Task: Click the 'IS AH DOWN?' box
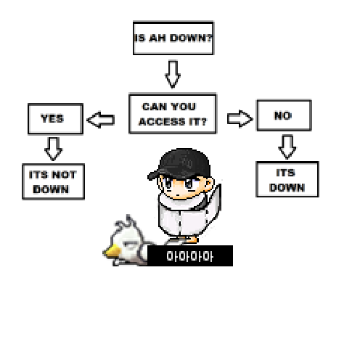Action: (173, 38)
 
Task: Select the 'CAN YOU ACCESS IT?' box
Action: (173, 113)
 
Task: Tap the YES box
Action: (55, 118)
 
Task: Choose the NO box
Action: (284, 115)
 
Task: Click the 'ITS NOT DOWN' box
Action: (53, 181)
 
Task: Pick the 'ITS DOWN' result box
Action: (287, 179)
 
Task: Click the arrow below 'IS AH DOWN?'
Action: (173, 74)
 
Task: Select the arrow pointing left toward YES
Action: (101, 120)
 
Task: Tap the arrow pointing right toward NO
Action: (240, 118)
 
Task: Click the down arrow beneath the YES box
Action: (54, 149)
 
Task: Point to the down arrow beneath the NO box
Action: (287, 147)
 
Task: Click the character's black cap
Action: (179, 164)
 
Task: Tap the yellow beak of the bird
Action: (112, 251)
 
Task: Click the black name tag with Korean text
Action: (190, 255)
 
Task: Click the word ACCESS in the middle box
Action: (162, 122)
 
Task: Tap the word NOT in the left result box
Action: (65, 174)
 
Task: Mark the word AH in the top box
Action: (157, 38)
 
